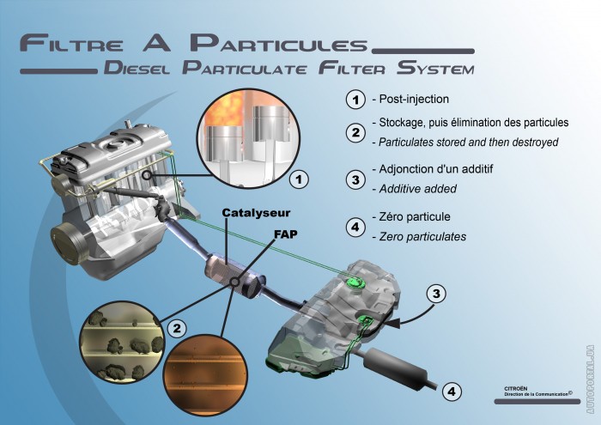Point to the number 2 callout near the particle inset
click(177, 327)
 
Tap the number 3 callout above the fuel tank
click(437, 294)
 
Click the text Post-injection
click(413, 100)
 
